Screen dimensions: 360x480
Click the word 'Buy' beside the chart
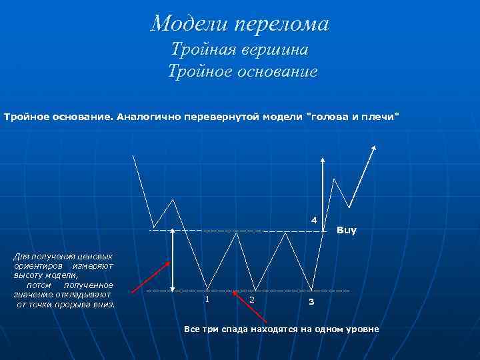[347, 231]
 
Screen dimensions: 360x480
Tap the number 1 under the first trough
[207, 299]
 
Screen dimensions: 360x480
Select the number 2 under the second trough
[251, 299]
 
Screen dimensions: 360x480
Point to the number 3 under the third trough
[310, 303]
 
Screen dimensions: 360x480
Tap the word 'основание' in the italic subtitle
[273, 71]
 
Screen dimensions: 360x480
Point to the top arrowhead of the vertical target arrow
[323, 161]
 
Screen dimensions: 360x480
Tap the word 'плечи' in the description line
[381, 117]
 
